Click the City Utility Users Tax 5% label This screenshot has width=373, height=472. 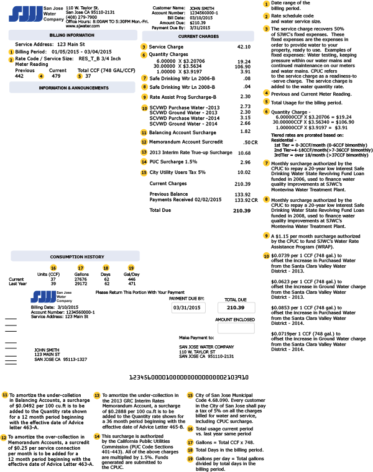(176, 172)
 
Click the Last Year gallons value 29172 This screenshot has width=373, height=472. (81, 283)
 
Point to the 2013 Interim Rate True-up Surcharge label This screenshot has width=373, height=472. (182, 152)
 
